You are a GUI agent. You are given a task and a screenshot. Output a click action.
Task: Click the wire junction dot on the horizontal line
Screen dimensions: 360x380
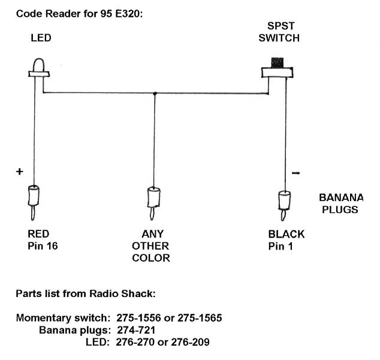pos(155,93)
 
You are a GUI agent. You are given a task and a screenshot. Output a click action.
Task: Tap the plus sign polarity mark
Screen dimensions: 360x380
pos(19,172)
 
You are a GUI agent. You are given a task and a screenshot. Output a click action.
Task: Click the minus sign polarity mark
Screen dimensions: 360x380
pos(295,173)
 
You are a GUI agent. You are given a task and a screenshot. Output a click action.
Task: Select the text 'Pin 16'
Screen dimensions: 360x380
pos(41,246)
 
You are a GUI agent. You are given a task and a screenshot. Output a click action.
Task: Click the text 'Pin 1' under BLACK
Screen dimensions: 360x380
pos(281,246)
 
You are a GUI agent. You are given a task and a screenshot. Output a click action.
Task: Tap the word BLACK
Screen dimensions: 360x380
pos(286,234)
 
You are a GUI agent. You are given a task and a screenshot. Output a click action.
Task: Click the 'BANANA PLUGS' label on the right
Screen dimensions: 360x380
pos(340,203)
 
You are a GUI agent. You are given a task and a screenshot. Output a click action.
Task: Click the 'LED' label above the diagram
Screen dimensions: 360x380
pos(40,38)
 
